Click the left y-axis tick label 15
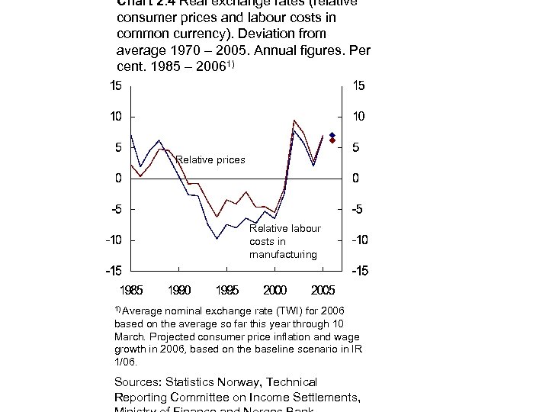click(112, 86)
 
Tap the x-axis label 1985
click(132, 290)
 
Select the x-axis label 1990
click(180, 290)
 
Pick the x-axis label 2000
click(275, 290)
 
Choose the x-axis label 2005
click(323, 290)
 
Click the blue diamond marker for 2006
click(332, 135)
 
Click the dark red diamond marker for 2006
click(332, 140)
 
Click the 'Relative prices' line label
click(210, 159)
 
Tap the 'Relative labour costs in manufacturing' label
click(284, 241)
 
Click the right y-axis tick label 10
click(358, 117)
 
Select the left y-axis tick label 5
click(116, 148)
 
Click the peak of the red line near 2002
click(294, 121)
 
